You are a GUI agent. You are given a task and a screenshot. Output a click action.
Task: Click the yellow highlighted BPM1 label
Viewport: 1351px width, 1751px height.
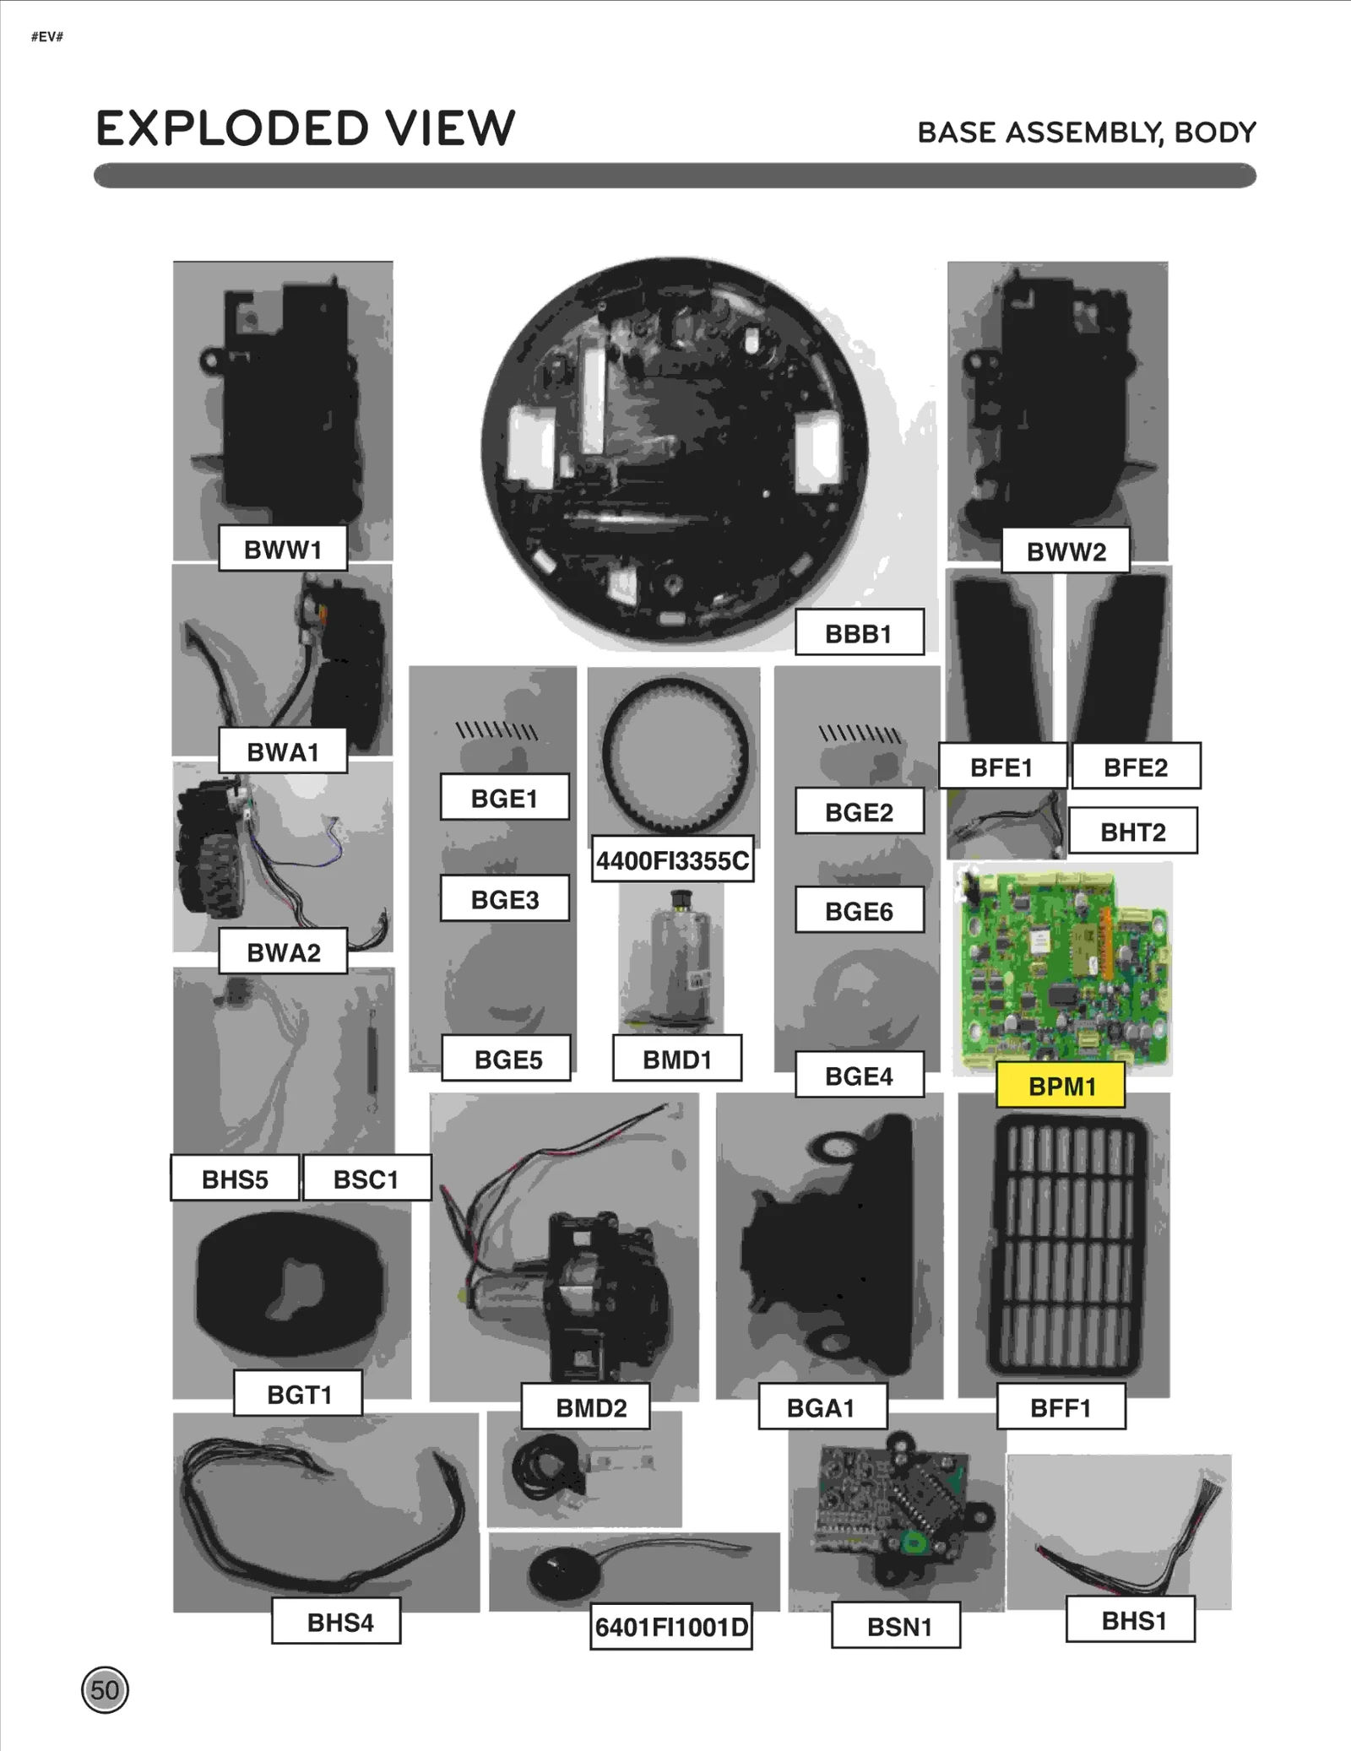pyautogui.click(x=1061, y=1086)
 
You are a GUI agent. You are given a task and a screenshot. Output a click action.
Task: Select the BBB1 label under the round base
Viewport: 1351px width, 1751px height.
pyautogui.click(x=859, y=633)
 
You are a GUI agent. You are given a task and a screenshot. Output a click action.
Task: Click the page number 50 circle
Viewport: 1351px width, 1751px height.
pyautogui.click(x=105, y=1689)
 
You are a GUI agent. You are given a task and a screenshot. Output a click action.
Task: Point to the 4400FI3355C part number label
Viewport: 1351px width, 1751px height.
pyautogui.click(x=672, y=860)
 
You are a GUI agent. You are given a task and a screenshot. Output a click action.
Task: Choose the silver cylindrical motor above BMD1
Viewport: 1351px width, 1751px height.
pyautogui.click(x=673, y=961)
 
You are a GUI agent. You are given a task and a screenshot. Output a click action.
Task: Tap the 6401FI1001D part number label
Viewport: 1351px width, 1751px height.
pyautogui.click(x=670, y=1627)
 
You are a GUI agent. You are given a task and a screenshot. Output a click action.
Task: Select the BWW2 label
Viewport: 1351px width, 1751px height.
pyautogui.click(x=1066, y=551)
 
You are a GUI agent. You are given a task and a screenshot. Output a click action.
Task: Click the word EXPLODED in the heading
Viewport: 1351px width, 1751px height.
pyautogui.click(x=232, y=129)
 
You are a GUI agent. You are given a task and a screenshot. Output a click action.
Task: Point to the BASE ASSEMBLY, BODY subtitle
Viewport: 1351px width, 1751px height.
pyautogui.click(x=1087, y=133)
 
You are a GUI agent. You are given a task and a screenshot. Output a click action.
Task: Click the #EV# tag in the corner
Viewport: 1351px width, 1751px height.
pyautogui.click(x=47, y=36)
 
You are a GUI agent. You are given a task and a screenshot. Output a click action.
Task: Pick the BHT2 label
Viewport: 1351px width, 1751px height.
pyautogui.click(x=1132, y=832)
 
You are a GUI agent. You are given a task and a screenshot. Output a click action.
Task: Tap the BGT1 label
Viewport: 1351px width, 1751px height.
pyautogui.click(x=299, y=1394)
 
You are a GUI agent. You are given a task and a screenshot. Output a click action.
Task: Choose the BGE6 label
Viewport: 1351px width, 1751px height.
pyautogui.click(x=859, y=911)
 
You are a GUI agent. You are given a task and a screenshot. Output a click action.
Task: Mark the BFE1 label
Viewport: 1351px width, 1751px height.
pyautogui.click(x=1001, y=767)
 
